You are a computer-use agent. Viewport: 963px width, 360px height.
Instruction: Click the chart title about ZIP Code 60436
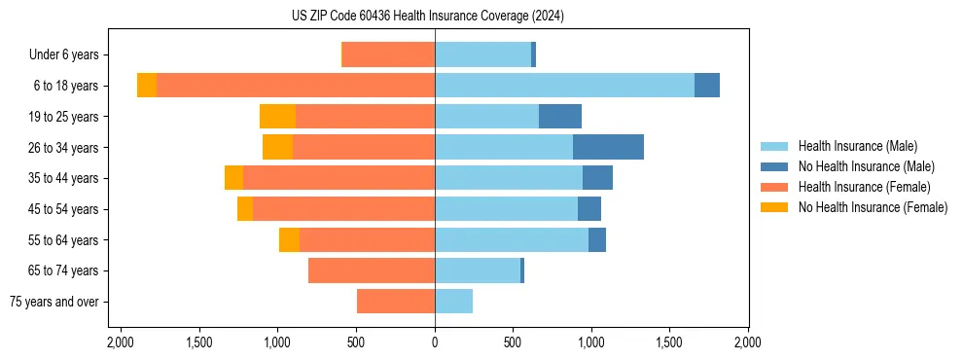[428, 16]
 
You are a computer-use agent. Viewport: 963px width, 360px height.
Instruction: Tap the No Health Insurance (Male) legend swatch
[775, 166]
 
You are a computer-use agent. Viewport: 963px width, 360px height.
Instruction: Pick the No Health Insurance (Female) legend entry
[873, 207]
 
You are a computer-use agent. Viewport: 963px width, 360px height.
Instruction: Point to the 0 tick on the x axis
[435, 343]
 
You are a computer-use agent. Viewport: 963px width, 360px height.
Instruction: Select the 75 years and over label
[53, 302]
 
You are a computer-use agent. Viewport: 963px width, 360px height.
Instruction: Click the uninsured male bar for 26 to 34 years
[608, 147]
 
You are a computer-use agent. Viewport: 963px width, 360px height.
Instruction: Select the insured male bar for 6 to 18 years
[564, 86]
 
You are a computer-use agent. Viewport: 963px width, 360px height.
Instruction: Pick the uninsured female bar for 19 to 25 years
[277, 117]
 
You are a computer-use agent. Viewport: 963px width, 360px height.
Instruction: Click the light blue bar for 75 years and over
[453, 302]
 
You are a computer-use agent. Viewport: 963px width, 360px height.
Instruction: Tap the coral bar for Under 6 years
[388, 55]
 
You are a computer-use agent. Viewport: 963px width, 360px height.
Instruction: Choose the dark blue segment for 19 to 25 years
[560, 117]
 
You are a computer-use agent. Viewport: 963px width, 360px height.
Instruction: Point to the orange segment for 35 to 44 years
[233, 178]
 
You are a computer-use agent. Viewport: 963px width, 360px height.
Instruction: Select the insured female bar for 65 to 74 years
[372, 270]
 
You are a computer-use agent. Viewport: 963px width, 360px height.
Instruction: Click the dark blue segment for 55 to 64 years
[597, 239]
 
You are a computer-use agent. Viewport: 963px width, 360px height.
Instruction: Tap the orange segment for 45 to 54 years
[245, 209]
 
